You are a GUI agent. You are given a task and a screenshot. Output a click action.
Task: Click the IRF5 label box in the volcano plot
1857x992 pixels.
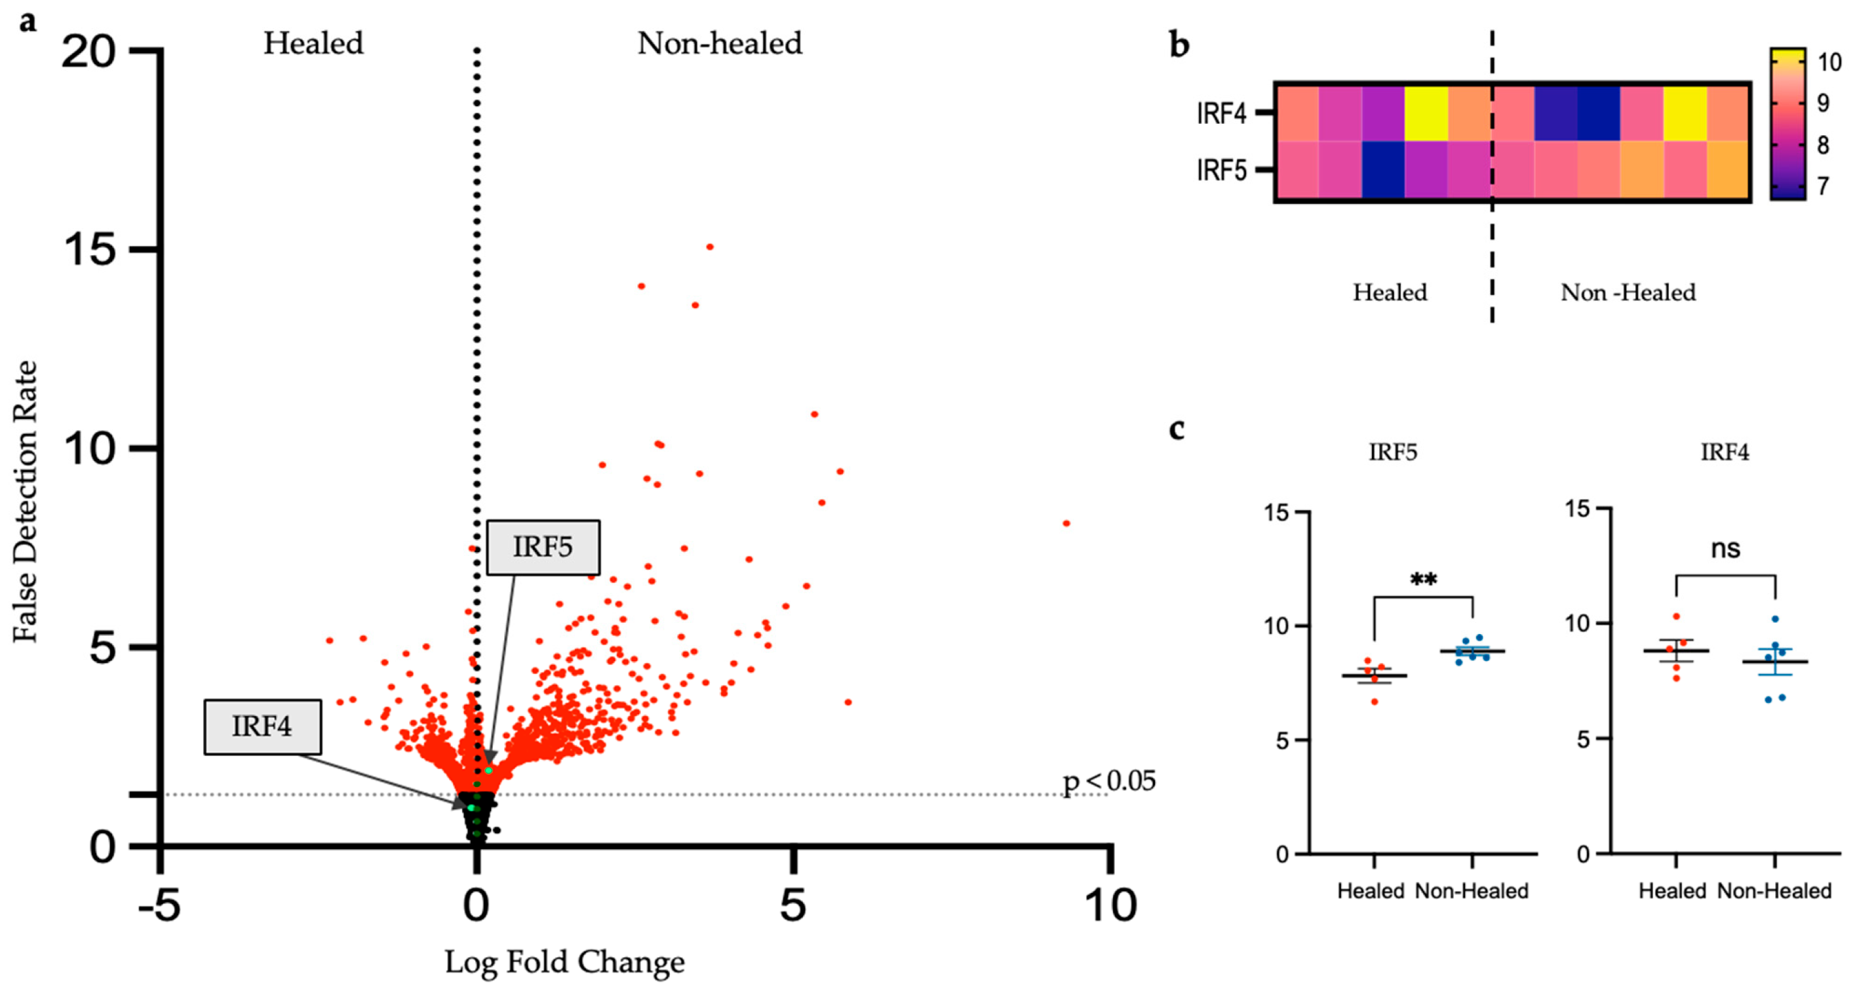tap(543, 547)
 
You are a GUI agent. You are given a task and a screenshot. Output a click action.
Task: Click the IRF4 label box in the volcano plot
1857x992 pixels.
tap(262, 726)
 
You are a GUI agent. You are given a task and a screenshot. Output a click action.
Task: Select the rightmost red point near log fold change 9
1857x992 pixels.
tap(1066, 523)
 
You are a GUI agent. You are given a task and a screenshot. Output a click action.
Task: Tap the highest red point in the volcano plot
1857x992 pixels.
tap(710, 247)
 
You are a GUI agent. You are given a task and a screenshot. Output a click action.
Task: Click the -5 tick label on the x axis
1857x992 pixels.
tap(159, 905)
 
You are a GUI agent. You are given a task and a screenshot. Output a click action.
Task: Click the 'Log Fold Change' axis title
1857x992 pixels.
tap(564, 962)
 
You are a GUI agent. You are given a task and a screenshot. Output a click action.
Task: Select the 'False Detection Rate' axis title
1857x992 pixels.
tap(25, 501)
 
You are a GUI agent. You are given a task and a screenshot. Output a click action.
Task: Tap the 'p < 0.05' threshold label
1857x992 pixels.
tap(1108, 781)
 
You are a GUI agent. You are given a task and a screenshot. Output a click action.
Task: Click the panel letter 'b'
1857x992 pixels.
tap(1179, 45)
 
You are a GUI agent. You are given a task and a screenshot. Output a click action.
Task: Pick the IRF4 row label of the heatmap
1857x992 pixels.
tap(1221, 113)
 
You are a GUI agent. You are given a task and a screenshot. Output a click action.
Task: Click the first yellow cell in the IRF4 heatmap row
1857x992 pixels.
tap(1426, 113)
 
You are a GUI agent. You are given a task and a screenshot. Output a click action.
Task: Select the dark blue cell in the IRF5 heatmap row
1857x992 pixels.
tap(1382, 170)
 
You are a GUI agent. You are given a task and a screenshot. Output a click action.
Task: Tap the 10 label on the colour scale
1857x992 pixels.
tap(1829, 63)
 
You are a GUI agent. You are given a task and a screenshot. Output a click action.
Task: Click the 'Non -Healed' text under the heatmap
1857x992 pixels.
tap(1628, 292)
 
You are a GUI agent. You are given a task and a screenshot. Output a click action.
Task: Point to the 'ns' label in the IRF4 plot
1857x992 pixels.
tap(1725, 549)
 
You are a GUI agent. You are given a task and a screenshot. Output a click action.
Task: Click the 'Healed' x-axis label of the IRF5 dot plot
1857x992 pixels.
tap(1371, 891)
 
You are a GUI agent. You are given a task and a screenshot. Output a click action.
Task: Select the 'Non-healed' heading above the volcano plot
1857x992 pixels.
tap(720, 43)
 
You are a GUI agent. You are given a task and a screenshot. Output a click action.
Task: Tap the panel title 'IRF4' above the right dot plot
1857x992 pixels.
tap(1725, 452)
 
